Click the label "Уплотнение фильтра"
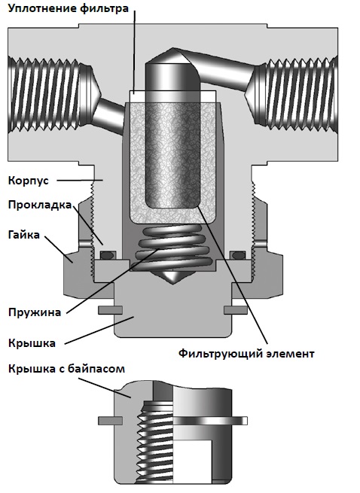[69, 8]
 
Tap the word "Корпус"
[29, 181]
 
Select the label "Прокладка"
[40, 205]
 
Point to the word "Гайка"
[24, 235]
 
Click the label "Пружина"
[35, 312]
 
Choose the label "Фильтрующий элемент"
[246, 354]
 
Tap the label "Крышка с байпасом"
[66, 369]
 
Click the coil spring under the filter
[174, 248]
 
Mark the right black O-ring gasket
[238, 255]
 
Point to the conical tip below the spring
[172, 277]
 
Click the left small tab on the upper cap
[110, 310]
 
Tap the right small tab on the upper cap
[236, 310]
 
